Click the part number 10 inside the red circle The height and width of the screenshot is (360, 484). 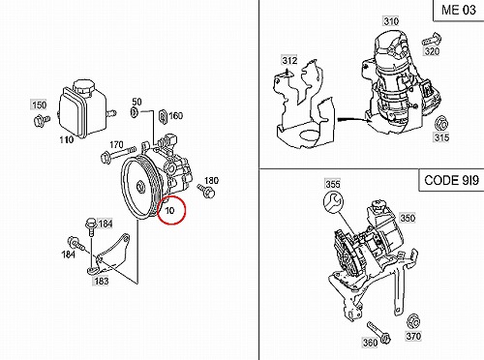coord(169,210)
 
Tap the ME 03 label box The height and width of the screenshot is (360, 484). coord(459,11)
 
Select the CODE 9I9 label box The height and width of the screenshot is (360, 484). coord(451,180)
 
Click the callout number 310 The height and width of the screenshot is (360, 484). coord(391,21)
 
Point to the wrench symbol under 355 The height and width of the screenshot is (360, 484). coord(334,202)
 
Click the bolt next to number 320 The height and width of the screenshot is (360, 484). coord(432,40)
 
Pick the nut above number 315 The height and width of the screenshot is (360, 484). coord(441,124)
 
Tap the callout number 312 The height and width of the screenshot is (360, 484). coord(289,60)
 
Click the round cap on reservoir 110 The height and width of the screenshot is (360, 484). coord(84,86)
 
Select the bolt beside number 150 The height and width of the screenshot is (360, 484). coord(42,120)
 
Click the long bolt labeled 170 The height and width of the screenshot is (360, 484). coord(118,154)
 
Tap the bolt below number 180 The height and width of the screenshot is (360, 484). coord(206,191)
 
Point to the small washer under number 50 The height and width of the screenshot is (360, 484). coord(135,112)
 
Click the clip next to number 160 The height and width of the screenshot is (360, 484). coord(163,117)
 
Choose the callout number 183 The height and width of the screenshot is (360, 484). coord(101,282)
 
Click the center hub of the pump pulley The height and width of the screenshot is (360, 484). coord(140,187)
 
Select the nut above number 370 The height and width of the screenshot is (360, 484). coord(413,320)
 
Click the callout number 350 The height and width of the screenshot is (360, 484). coord(408,218)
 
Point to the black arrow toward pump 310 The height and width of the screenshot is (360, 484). coord(354,120)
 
